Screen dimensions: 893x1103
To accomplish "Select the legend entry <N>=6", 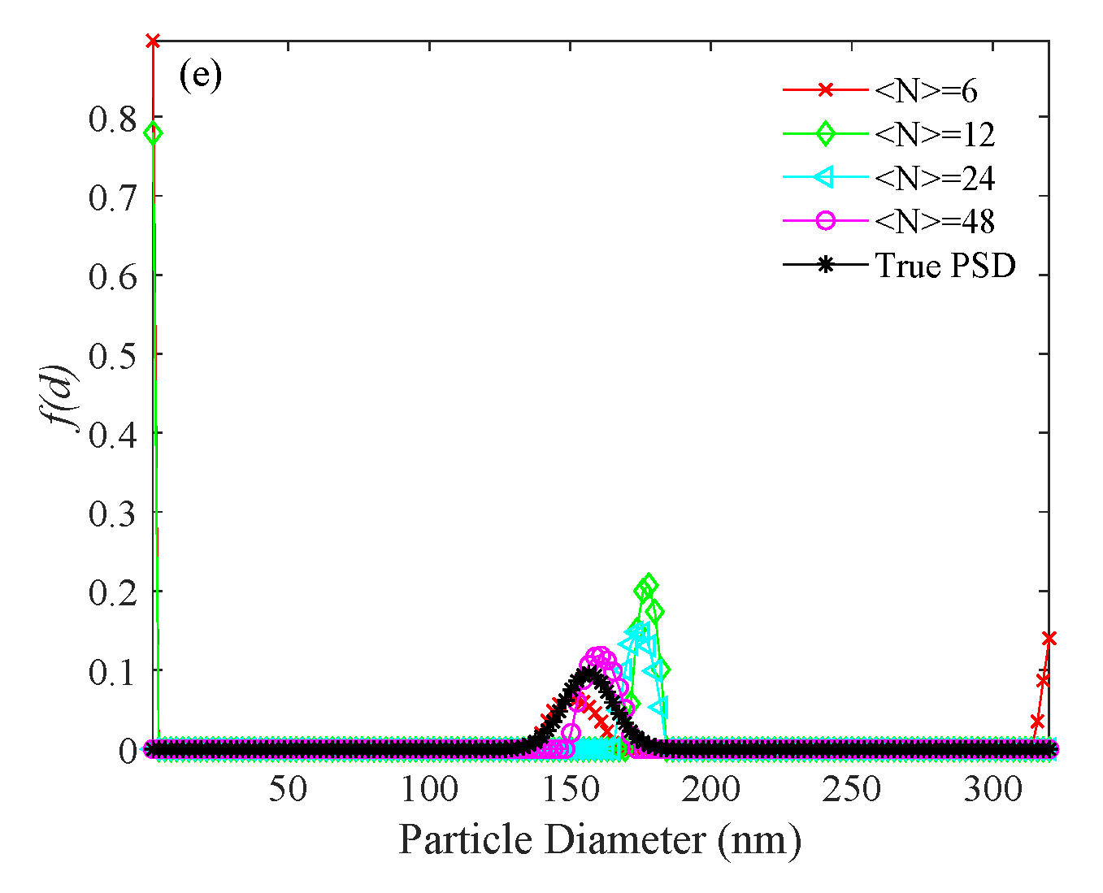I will [926, 91].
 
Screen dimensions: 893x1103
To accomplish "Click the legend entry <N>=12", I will [934, 135].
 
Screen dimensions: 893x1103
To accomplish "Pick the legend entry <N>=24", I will [934, 178].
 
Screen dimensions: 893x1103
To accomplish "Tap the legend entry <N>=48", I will [934, 222].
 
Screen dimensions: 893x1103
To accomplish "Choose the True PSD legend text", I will [945, 266].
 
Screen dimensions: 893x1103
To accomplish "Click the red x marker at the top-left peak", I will [152, 41].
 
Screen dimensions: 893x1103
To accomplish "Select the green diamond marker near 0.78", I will [152, 133].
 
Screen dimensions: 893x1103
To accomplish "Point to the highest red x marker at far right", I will [1049, 639].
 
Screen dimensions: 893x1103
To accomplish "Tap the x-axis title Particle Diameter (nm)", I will [600, 839].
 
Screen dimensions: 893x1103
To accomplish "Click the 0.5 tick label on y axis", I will [113, 355].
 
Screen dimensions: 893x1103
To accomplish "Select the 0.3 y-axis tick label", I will [113, 514].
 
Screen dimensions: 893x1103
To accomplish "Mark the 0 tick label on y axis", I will [128, 751].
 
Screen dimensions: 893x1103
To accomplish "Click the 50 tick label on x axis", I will [288, 788].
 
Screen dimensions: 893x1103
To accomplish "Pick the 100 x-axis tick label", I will [429, 788].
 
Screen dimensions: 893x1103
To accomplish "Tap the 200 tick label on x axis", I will [711, 788].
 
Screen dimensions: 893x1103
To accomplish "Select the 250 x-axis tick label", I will [852, 788].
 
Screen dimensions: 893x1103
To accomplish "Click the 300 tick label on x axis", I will [992, 788].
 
